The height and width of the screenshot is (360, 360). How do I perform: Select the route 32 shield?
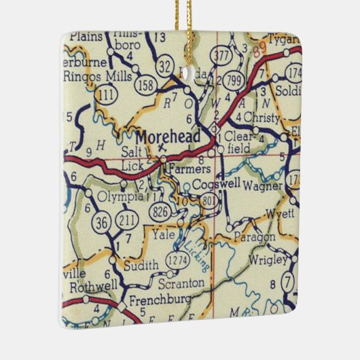pyautogui.click(x=165, y=65)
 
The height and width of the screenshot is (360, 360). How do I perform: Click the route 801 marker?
pyautogui.click(x=209, y=200)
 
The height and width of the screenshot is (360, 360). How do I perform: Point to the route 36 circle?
pyautogui.click(x=102, y=221)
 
